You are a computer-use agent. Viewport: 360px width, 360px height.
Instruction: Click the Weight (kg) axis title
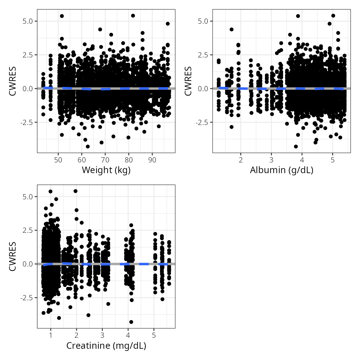coord(106,170)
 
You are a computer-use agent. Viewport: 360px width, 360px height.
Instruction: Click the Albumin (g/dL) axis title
coord(282,170)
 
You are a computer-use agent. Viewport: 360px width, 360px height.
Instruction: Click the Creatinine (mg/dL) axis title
coord(106,346)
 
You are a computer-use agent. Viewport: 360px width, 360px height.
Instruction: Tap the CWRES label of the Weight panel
coord(12,81)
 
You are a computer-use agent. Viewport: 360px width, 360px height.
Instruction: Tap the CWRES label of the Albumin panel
coord(188,81)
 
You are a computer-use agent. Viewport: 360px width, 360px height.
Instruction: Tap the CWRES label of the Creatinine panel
coord(12,257)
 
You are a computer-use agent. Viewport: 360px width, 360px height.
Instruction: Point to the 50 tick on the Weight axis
coord(58,160)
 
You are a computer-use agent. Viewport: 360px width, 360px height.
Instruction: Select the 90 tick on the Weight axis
coord(152,160)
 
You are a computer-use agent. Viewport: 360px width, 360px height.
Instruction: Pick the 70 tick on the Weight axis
coord(105,160)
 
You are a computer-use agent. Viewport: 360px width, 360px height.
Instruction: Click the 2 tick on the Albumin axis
coord(241,160)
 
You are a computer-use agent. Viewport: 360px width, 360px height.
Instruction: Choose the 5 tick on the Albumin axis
coord(332,160)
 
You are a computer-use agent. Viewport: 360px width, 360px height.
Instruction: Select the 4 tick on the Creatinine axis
coord(128,336)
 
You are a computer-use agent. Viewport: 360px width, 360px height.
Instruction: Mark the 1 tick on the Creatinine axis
coord(51,336)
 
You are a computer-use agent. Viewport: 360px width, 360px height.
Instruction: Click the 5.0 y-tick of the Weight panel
coord(27,21)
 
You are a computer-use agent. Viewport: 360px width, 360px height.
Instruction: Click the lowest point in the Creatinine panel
coord(131,322)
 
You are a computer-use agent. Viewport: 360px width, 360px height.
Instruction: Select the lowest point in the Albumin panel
coord(296,147)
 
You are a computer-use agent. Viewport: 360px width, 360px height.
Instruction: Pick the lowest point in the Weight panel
coord(88,147)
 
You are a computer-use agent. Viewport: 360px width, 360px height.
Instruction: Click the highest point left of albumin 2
coord(232,29)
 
